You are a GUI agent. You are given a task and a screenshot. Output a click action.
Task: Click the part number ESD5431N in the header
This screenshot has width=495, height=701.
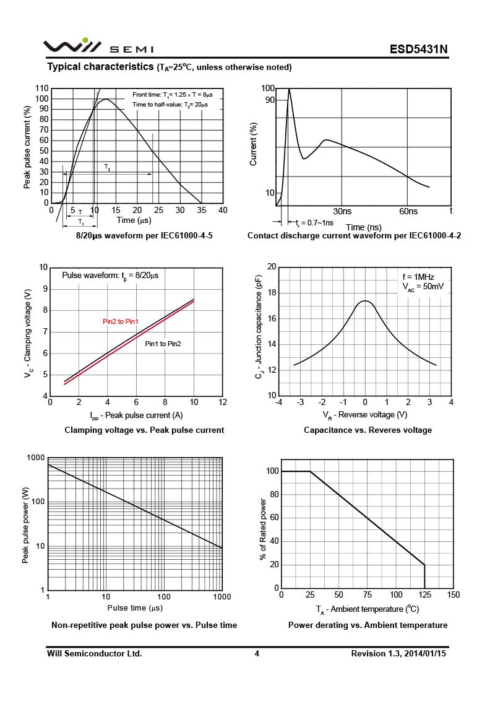click(x=418, y=49)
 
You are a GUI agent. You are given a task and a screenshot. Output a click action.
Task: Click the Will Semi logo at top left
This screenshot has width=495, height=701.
click(x=72, y=46)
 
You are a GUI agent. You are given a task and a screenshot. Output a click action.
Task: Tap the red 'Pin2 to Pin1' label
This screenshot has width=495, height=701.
click(x=120, y=321)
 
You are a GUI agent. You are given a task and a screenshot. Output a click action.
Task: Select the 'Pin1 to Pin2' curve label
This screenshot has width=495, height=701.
click(x=163, y=344)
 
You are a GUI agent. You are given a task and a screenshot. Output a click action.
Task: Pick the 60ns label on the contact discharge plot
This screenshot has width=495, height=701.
click(x=408, y=212)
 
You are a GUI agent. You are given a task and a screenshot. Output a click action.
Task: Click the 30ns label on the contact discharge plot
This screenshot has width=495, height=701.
click(x=342, y=212)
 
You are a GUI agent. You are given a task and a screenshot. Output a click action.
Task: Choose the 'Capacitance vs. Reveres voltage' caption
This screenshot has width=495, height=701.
click(x=368, y=430)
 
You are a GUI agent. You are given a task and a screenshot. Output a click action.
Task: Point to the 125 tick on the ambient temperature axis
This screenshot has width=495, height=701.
click(x=424, y=595)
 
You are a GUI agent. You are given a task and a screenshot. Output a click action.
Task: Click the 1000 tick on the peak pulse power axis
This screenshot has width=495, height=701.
click(x=35, y=458)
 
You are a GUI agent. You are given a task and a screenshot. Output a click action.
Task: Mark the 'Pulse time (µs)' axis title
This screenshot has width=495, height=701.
click(x=135, y=608)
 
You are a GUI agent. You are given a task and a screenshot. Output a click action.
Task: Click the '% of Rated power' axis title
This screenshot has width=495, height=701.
click(x=263, y=530)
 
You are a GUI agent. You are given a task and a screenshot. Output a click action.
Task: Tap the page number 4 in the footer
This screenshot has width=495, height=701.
click(x=256, y=653)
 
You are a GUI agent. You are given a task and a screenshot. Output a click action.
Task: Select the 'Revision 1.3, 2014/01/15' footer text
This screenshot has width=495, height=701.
click(x=398, y=653)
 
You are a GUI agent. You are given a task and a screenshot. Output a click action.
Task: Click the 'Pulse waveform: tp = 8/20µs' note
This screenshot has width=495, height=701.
click(x=110, y=275)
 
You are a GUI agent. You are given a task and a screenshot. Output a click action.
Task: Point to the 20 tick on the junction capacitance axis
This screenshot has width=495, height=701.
click(x=272, y=267)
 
